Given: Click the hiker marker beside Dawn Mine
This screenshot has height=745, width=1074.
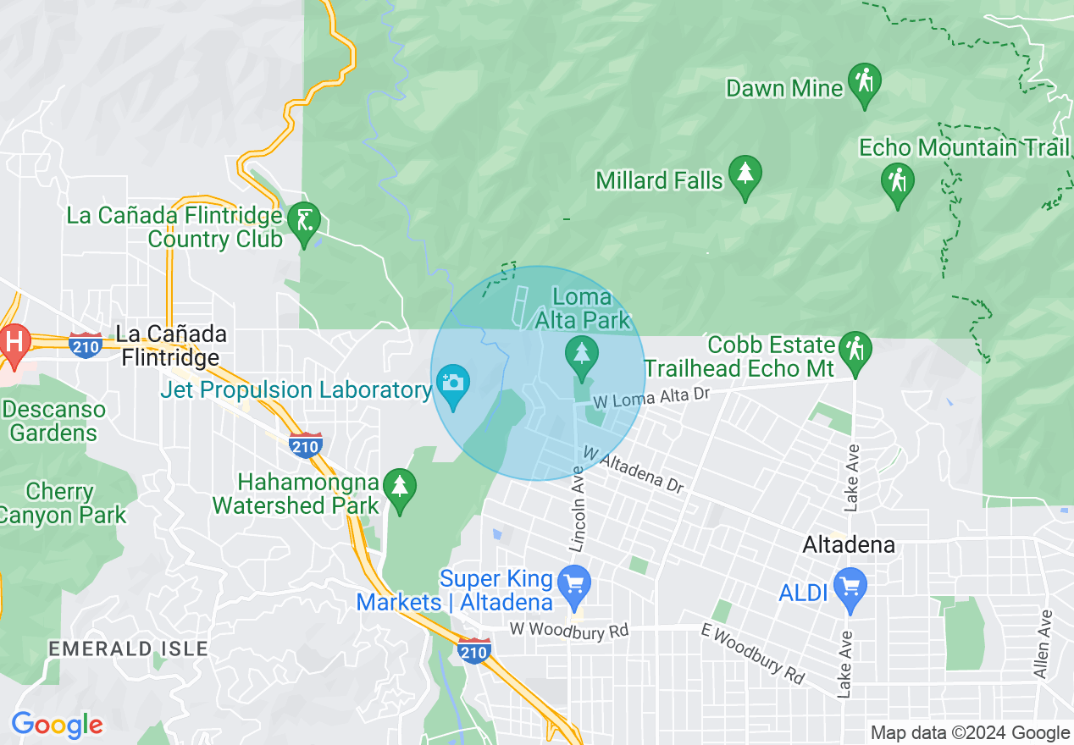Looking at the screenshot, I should click(x=864, y=83).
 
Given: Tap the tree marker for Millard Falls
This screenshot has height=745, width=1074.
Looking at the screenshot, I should click(x=745, y=174).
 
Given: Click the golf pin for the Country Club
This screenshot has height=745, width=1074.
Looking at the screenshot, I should click(x=305, y=222).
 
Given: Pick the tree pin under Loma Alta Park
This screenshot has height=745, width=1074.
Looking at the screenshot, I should click(x=581, y=354).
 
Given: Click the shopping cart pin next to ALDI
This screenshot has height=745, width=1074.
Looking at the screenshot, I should click(x=850, y=587).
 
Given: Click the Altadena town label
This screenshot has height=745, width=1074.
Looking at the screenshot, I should click(x=849, y=544).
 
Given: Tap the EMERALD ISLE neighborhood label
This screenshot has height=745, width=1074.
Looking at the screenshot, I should click(x=128, y=648).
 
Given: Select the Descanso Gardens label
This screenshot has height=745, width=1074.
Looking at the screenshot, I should click(x=53, y=422).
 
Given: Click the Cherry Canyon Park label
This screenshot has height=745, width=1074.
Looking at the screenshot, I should click(x=64, y=503).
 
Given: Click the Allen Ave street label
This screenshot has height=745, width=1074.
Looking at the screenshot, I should click(x=1044, y=643).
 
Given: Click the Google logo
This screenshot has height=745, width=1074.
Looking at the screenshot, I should click(x=57, y=725).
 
